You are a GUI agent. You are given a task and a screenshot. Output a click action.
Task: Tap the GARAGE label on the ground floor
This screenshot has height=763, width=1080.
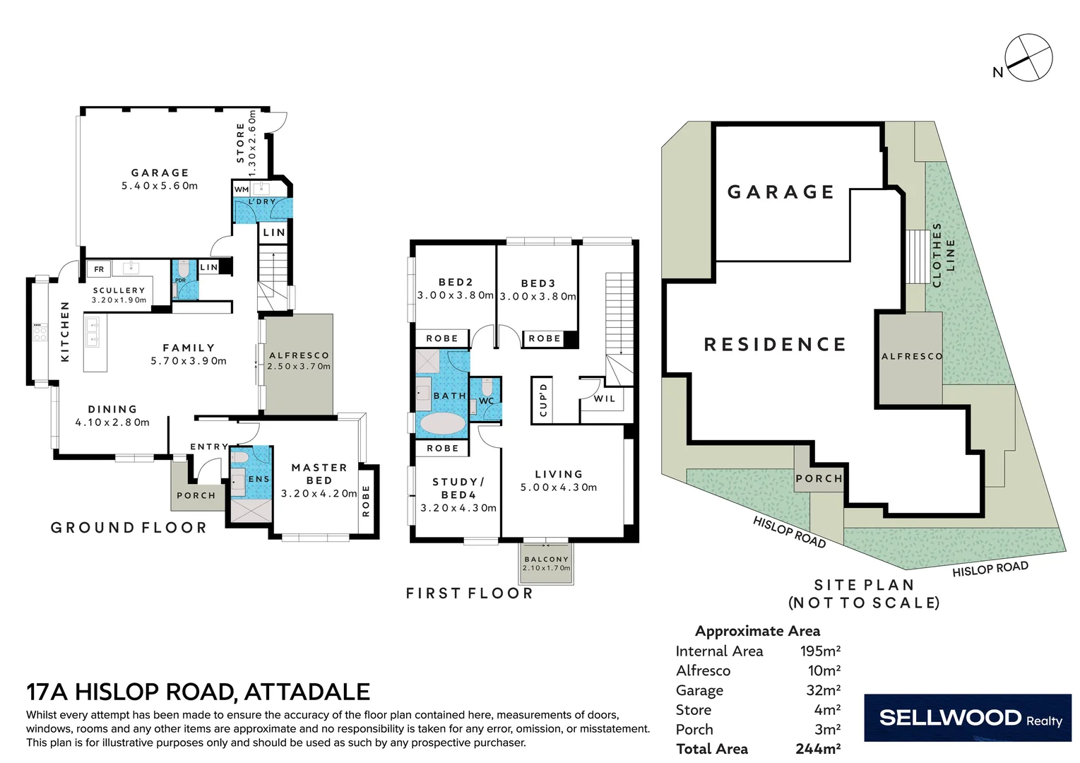(160, 173)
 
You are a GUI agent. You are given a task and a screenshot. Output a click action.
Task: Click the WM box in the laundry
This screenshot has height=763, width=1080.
(242, 189)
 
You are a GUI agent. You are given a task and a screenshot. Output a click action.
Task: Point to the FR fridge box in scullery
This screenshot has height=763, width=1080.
(99, 269)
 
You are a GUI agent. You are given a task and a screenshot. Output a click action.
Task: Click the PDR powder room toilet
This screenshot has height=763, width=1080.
(183, 271)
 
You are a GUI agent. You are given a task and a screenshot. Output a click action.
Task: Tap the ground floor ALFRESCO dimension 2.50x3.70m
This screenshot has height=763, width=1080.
(299, 367)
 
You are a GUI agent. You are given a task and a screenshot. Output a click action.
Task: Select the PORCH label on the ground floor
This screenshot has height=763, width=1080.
(196, 496)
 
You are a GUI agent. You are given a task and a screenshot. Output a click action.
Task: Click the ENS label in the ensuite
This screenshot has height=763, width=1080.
(259, 479)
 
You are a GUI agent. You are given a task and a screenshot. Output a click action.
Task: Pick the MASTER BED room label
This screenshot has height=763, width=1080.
(319, 474)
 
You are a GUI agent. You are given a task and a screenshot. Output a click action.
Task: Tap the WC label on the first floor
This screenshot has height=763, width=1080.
(487, 401)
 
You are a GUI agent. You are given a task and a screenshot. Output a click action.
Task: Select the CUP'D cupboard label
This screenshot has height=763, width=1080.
(543, 400)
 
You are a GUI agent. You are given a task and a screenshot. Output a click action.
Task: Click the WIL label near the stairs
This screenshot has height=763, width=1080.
(605, 398)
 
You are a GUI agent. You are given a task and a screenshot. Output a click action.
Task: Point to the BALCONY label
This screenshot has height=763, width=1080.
(546, 559)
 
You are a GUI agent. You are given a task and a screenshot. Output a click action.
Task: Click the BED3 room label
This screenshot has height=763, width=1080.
(538, 283)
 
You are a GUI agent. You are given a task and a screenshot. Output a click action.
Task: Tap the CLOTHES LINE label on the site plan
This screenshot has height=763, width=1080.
(943, 255)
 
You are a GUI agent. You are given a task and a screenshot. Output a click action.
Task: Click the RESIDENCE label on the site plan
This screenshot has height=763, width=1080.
(775, 345)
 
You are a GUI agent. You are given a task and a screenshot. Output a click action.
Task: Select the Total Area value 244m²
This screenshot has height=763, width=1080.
(817, 749)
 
